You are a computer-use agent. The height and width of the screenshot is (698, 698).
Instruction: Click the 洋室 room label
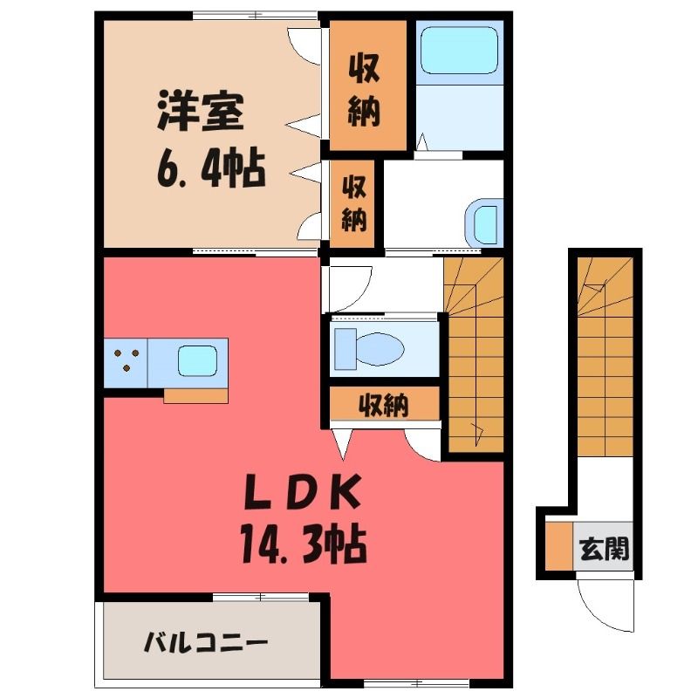(201, 111)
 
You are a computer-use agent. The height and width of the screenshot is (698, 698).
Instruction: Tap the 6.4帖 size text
(211, 169)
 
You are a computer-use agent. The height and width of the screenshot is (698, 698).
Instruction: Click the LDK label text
(303, 491)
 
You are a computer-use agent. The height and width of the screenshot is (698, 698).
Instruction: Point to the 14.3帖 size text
(304, 544)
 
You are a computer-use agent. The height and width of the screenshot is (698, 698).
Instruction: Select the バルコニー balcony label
(206, 643)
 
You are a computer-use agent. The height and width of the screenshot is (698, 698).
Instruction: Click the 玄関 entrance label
(604, 549)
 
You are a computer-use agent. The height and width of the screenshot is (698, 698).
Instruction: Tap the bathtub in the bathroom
(459, 50)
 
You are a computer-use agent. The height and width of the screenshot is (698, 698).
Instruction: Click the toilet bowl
(369, 349)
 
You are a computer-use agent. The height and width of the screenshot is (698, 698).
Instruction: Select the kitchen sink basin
(198, 360)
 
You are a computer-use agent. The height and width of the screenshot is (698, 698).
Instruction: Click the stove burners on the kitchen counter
(127, 360)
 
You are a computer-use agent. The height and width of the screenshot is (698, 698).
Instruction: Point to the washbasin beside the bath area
(484, 224)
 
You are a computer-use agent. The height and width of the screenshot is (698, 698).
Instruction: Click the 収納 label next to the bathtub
(364, 90)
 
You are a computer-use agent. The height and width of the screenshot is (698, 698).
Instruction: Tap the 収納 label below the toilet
(384, 405)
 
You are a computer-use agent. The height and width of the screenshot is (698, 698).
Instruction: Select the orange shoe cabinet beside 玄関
(559, 546)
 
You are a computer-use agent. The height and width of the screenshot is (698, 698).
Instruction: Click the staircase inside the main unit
(474, 355)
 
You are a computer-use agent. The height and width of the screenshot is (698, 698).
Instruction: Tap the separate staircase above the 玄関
(606, 357)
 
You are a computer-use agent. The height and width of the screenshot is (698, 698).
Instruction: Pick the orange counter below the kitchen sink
(195, 396)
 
